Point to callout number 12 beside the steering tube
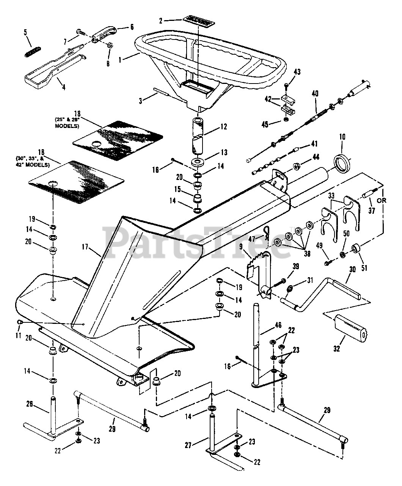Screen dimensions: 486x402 [x=223, y=127]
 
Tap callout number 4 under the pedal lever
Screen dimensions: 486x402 [x=63, y=87]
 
